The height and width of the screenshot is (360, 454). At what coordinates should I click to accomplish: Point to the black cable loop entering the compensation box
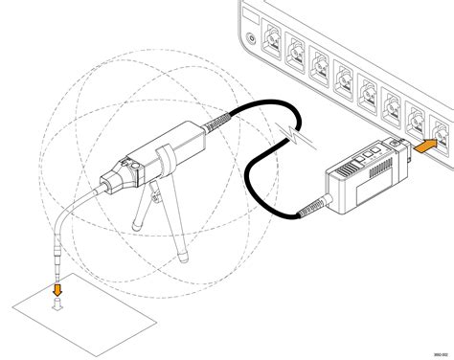pos(263,172)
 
